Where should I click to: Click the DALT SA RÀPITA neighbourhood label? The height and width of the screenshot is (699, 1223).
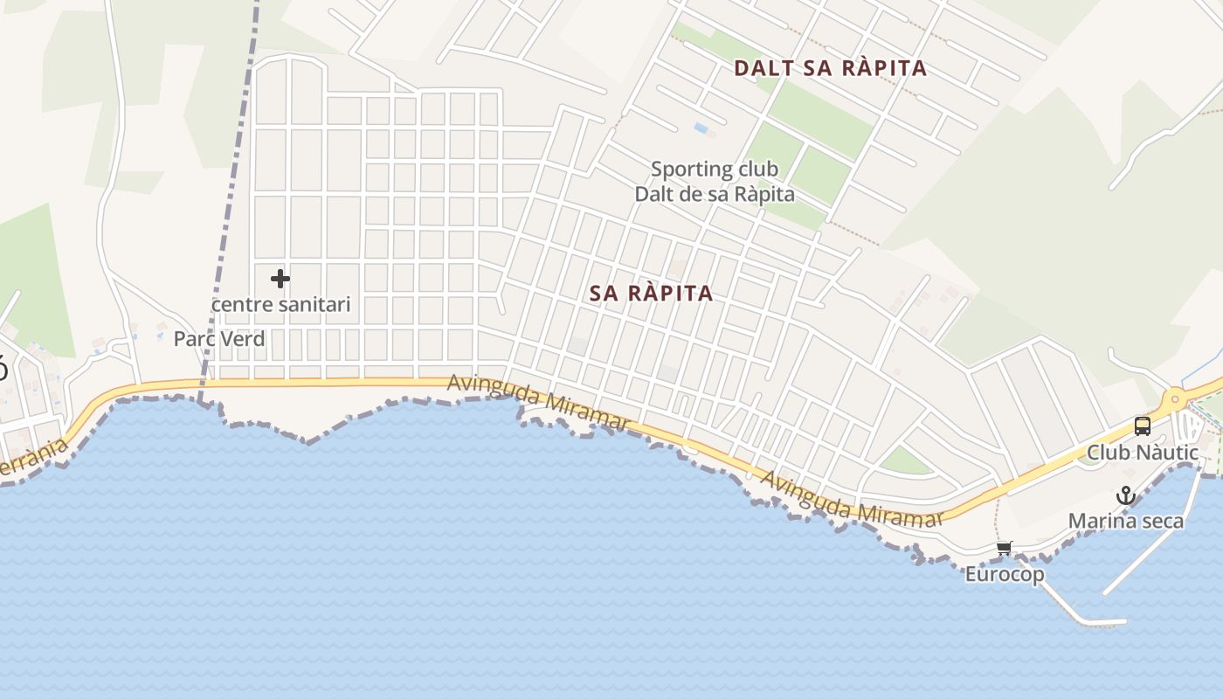[830, 68]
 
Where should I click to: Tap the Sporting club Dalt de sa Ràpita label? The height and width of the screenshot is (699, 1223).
[715, 181]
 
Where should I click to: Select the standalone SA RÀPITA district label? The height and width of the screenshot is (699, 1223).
[651, 294]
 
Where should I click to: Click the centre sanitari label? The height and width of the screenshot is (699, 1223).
[281, 304]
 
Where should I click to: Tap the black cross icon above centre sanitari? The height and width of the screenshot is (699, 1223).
[280, 279]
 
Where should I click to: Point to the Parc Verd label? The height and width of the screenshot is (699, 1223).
[219, 339]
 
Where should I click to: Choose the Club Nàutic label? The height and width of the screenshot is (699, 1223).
[1142, 453]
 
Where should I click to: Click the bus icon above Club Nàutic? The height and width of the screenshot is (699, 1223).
[1142, 426]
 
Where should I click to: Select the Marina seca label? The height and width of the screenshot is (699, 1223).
[1126, 522]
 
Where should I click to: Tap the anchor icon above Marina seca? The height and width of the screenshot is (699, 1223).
[1126, 496]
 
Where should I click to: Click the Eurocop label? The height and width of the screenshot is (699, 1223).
[1004, 574]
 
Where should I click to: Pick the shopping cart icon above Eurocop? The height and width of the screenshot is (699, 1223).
[1004, 549]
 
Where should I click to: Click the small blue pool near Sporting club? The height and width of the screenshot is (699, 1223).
[701, 128]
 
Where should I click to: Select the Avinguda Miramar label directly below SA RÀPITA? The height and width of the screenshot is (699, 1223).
[539, 403]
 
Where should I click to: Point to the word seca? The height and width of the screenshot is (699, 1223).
[1160, 522]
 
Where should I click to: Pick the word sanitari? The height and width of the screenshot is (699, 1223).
[313, 304]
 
